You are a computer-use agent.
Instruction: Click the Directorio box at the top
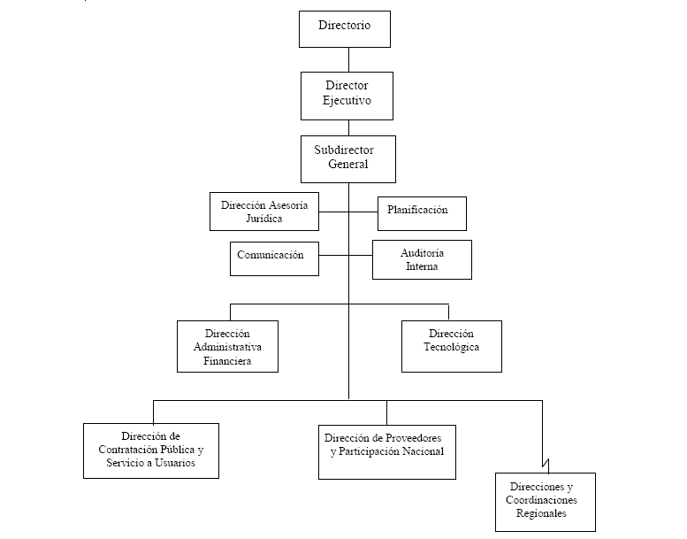(x=345, y=29)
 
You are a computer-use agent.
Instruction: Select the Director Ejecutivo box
(x=347, y=96)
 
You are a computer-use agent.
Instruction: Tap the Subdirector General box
(x=348, y=159)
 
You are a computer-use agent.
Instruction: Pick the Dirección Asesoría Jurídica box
(x=264, y=212)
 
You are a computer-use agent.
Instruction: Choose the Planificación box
(x=422, y=213)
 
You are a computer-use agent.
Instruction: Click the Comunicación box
(x=274, y=258)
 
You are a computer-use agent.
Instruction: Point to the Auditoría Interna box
(x=422, y=259)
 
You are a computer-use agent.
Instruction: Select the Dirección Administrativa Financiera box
(x=227, y=346)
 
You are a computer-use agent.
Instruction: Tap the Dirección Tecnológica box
(x=452, y=346)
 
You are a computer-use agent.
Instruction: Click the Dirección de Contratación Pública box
(x=151, y=450)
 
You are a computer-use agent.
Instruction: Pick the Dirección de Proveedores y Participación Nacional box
(x=387, y=452)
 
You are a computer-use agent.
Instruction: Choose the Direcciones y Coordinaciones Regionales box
(x=546, y=502)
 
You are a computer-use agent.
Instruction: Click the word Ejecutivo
(x=347, y=100)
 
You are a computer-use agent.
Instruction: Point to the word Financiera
(x=227, y=361)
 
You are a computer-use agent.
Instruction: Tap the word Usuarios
(x=175, y=463)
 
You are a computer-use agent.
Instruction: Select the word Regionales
(x=541, y=513)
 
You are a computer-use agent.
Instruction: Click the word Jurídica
(x=264, y=219)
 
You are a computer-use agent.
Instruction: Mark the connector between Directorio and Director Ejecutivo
(x=348, y=59)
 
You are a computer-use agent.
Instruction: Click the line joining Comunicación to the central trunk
(x=334, y=255)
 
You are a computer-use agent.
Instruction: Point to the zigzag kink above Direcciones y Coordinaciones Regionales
(x=546, y=463)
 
